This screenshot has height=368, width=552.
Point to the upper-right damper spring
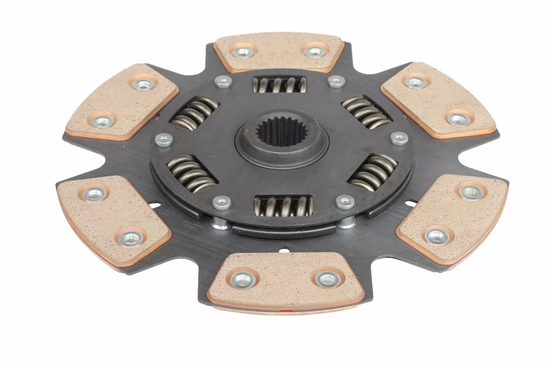pos(365,111)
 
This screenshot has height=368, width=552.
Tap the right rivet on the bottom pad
pos(324,278)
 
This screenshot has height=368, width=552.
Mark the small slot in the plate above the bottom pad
pos(282,252)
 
